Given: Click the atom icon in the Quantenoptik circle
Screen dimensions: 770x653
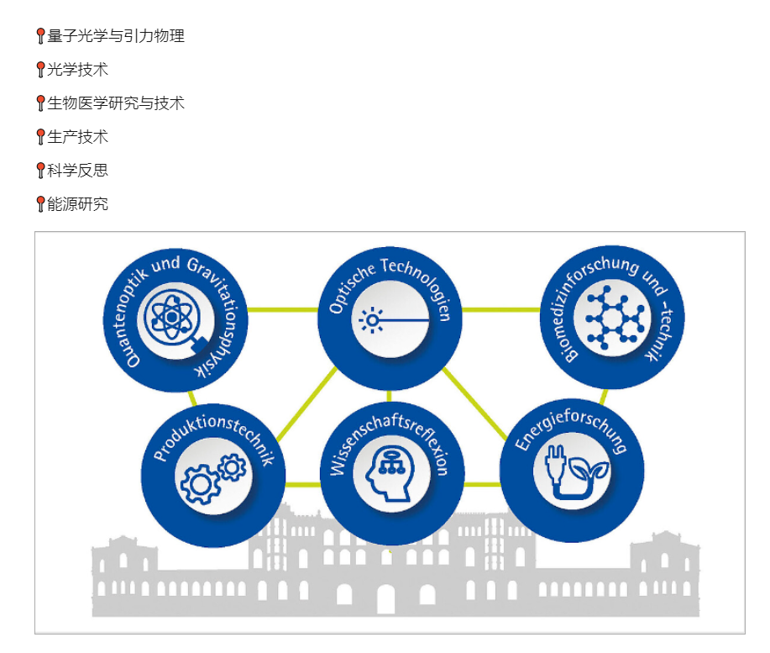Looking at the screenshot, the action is pyautogui.click(x=172, y=317).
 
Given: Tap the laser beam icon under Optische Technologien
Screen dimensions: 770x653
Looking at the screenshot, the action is pyautogui.click(x=393, y=320).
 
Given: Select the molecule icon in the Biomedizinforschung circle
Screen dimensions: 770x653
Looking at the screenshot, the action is pyautogui.click(x=613, y=318).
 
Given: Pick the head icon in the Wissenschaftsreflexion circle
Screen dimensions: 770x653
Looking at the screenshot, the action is pyautogui.click(x=390, y=474).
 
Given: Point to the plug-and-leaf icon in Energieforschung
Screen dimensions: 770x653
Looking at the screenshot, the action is pyautogui.click(x=575, y=471).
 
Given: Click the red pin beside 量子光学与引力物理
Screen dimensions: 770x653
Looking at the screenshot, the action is pyautogui.click(x=41, y=36).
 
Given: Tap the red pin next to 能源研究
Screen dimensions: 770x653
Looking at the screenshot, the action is pyautogui.click(x=41, y=204).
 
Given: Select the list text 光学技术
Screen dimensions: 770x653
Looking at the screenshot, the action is pyautogui.click(x=77, y=69).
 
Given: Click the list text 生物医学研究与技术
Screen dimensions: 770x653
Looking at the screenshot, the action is pyautogui.click(x=116, y=103).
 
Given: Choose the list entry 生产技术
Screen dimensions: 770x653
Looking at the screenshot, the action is pyautogui.click(x=77, y=137).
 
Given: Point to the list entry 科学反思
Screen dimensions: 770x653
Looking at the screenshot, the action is pyautogui.click(x=77, y=170).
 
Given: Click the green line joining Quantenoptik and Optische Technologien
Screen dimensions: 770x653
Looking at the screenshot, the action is pyautogui.click(x=283, y=309).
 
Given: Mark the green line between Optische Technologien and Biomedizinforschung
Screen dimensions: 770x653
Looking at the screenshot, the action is pyautogui.click(x=501, y=309).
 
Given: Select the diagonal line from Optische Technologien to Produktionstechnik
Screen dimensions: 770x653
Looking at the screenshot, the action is pyautogui.click(x=306, y=403).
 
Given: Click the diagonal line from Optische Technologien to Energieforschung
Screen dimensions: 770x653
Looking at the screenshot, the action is pyautogui.click(x=474, y=403).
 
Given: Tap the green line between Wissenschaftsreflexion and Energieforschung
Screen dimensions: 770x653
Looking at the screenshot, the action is pyautogui.click(x=482, y=485).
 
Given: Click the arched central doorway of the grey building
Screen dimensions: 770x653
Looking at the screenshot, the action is pyautogui.click(x=385, y=599).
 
